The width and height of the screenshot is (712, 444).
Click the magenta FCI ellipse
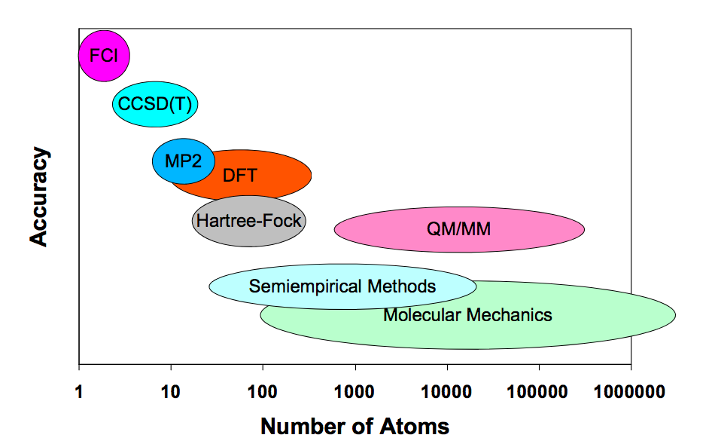point(104,56)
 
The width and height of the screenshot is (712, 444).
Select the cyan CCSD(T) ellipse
point(155,104)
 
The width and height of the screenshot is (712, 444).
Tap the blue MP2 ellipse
point(183,161)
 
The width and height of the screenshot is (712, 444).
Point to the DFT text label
point(240,176)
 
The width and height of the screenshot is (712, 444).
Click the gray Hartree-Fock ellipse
point(248,221)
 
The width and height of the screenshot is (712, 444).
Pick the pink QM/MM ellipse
point(458,228)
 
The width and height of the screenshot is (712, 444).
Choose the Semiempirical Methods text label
point(342,286)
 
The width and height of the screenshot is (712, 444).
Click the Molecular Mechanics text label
point(467,315)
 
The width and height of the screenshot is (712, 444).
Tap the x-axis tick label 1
point(79,391)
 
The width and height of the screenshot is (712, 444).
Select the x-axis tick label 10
point(171,391)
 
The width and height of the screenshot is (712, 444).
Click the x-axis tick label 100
point(263,391)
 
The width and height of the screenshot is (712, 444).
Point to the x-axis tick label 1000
point(354,391)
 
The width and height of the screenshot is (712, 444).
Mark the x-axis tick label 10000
point(447,391)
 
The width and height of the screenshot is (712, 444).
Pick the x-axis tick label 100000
point(539,391)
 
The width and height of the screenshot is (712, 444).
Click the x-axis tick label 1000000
point(631,391)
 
